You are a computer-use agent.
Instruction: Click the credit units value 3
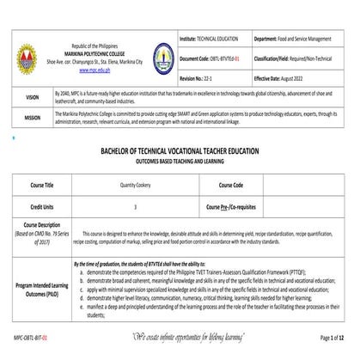(135, 208)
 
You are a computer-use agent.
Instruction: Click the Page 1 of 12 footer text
(331, 340)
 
